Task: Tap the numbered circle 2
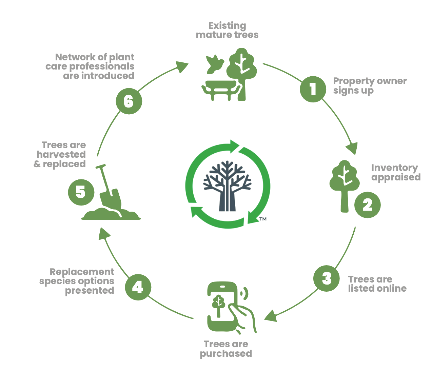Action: tap(367, 205)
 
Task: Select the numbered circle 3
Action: tap(326, 279)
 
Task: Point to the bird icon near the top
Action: tap(214, 64)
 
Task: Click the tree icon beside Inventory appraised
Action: tap(345, 183)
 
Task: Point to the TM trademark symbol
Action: tap(263, 219)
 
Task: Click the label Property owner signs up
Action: tap(370, 86)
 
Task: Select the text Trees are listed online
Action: tap(377, 284)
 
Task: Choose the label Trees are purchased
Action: tap(226, 349)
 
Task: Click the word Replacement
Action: tap(82, 272)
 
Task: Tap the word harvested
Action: tap(61, 154)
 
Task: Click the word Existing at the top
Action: tap(227, 26)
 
